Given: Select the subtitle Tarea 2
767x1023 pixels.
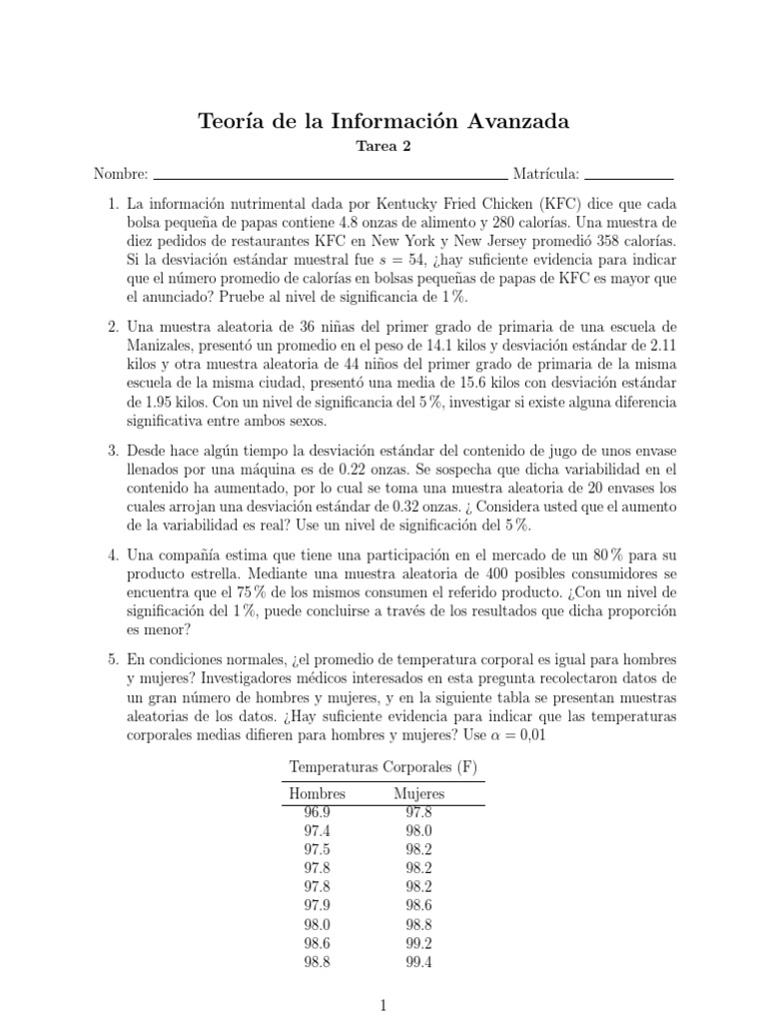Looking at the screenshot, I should pos(383,147).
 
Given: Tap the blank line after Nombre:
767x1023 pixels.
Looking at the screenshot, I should pos(331,174).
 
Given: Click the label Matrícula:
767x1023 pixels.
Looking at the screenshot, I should pos(546,174).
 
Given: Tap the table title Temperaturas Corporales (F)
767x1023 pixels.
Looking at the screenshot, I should pos(383,767).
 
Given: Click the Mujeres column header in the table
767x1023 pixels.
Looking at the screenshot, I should pos(419,793).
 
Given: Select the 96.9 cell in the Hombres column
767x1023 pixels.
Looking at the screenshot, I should pos(317,812).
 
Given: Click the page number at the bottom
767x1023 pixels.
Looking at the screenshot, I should pos(383,1006).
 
